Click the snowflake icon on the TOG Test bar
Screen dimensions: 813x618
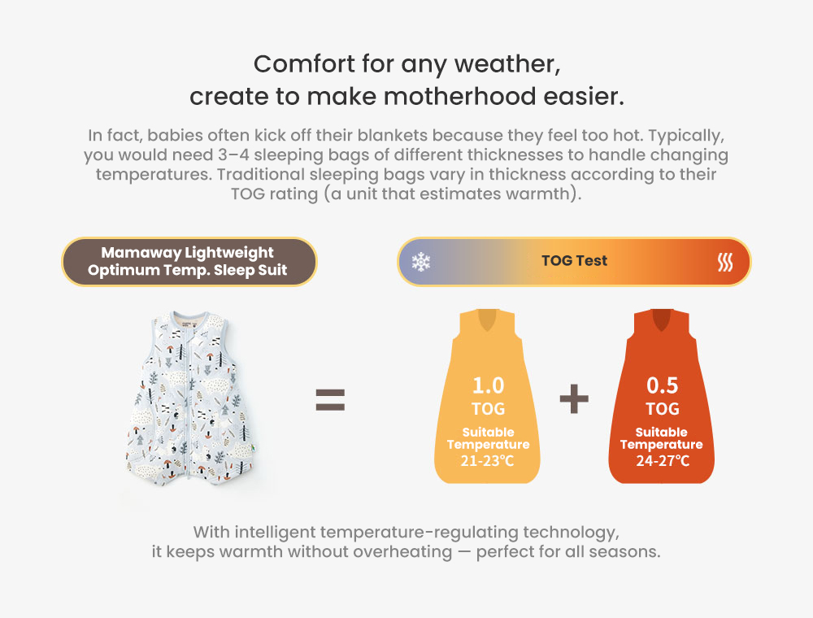(421, 262)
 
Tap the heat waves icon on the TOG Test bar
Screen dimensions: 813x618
(725, 263)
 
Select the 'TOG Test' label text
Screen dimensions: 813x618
(575, 261)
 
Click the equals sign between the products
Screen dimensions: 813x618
(330, 400)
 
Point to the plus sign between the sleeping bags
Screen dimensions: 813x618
(574, 398)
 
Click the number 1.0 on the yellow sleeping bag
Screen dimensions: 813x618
(488, 385)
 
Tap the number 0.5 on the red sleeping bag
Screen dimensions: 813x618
(662, 385)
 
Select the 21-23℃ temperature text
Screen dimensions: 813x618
(487, 460)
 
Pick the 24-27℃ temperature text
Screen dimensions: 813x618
(663, 460)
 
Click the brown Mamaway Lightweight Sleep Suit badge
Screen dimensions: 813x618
(189, 261)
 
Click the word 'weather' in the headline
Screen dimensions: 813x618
(507, 64)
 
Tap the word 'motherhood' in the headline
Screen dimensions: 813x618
(460, 97)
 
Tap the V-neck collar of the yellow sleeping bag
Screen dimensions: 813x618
(487, 320)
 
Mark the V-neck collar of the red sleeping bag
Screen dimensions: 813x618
(662, 320)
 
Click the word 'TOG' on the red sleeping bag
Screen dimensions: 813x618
(662, 409)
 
